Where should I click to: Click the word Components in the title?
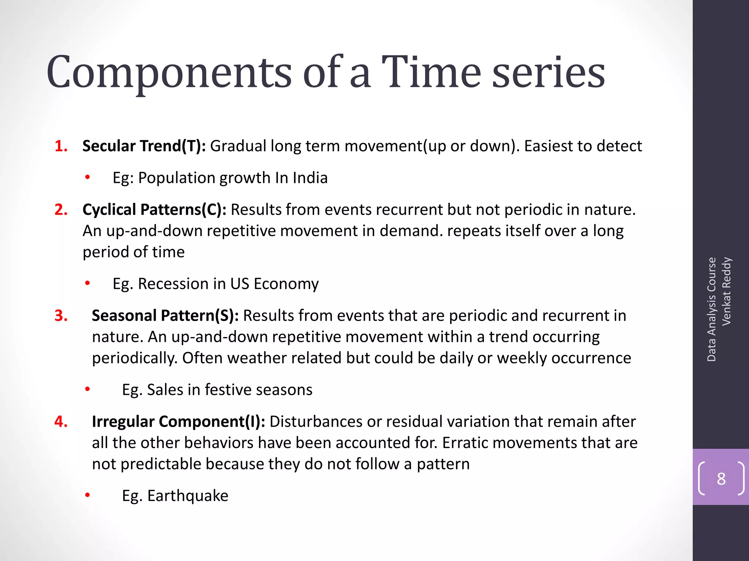[x=169, y=73]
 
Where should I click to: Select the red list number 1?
[x=61, y=146]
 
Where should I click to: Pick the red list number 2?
[x=61, y=210]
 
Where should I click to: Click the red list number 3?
[x=61, y=316]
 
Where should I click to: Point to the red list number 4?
[x=61, y=421]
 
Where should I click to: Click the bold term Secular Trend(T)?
[x=144, y=146]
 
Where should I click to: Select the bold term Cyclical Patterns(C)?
[x=154, y=210]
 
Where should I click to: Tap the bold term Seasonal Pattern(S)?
[x=165, y=316]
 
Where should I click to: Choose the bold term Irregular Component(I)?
[x=178, y=421]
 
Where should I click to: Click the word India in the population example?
[x=310, y=178]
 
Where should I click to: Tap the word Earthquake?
[x=188, y=496]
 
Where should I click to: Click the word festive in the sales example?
[x=228, y=390]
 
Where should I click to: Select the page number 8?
[x=721, y=478]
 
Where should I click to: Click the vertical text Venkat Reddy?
[x=726, y=291]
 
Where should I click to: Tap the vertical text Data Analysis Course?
[x=711, y=309]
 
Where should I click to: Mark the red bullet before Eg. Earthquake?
[x=87, y=495]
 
